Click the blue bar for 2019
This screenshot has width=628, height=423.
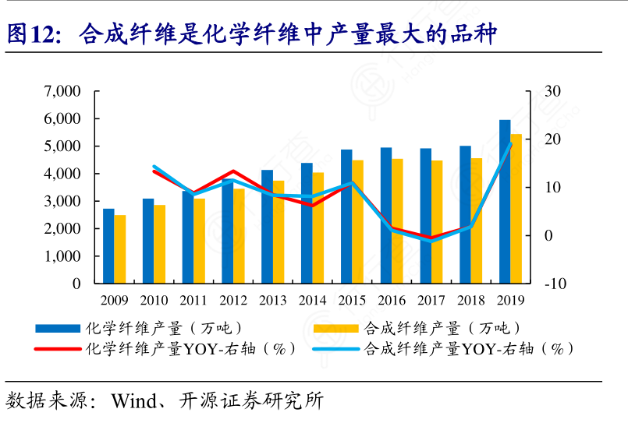pos(505,202)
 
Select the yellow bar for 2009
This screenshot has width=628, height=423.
pos(120,249)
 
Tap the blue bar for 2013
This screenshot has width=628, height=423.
pos(267,227)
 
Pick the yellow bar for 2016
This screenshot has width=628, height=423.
pos(398,221)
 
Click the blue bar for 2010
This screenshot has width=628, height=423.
pos(148,241)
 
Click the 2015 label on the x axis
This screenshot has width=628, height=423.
pos(352,300)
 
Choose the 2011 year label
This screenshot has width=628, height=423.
pos(193,300)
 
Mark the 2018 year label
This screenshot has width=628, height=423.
pos(471,300)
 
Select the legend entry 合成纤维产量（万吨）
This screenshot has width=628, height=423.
pos(442,328)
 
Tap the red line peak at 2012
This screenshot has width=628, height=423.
pos(232,171)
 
